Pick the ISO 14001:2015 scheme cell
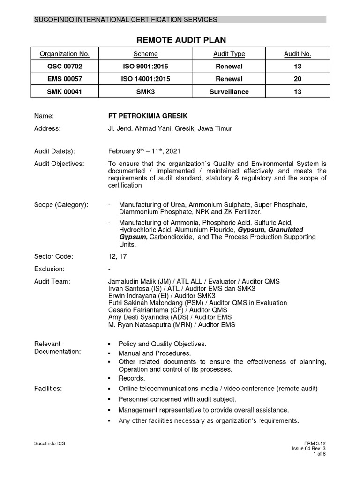tap(145, 79)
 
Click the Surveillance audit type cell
tap(229, 92)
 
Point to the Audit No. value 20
tap(298, 79)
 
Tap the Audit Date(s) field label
tap(54, 151)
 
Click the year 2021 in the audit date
tap(171, 151)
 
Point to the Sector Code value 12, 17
tap(117, 256)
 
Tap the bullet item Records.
tap(132, 378)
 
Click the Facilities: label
tap(48, 388)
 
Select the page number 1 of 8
tap(319, 454)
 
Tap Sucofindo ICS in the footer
tap(50, 443)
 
